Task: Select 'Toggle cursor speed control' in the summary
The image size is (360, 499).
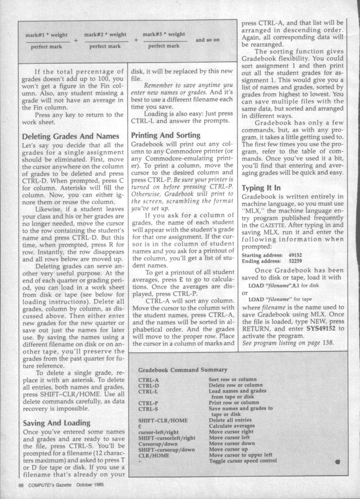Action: pyautogui.click(x=244, y=460)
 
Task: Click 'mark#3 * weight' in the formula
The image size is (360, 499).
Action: pyautogui.click(x=164, y=34)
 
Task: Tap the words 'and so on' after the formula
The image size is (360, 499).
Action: pyautogui.click(x=207, y=40)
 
